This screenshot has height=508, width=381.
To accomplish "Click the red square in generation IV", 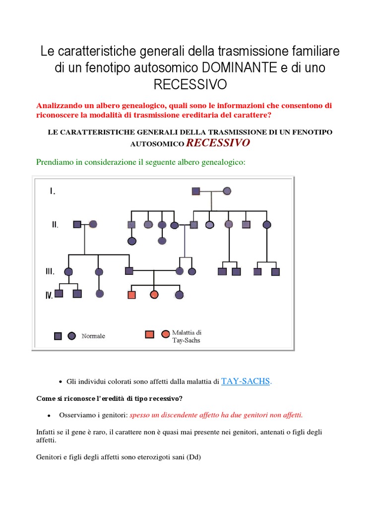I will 132,295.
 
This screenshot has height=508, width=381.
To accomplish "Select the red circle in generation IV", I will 154,295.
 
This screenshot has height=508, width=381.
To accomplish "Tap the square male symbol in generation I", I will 196,190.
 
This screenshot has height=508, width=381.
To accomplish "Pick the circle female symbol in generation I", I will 227,190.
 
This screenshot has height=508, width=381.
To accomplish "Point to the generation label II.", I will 55,225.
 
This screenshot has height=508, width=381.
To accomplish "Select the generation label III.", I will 50,271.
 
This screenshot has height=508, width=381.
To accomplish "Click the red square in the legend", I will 149,334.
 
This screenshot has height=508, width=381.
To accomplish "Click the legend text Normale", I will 93,336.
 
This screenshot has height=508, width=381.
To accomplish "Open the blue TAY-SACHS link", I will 246,381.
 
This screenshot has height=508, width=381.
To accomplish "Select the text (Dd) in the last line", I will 193,457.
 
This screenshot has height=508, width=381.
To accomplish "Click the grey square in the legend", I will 58,336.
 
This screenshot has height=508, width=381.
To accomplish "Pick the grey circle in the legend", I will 72,336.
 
